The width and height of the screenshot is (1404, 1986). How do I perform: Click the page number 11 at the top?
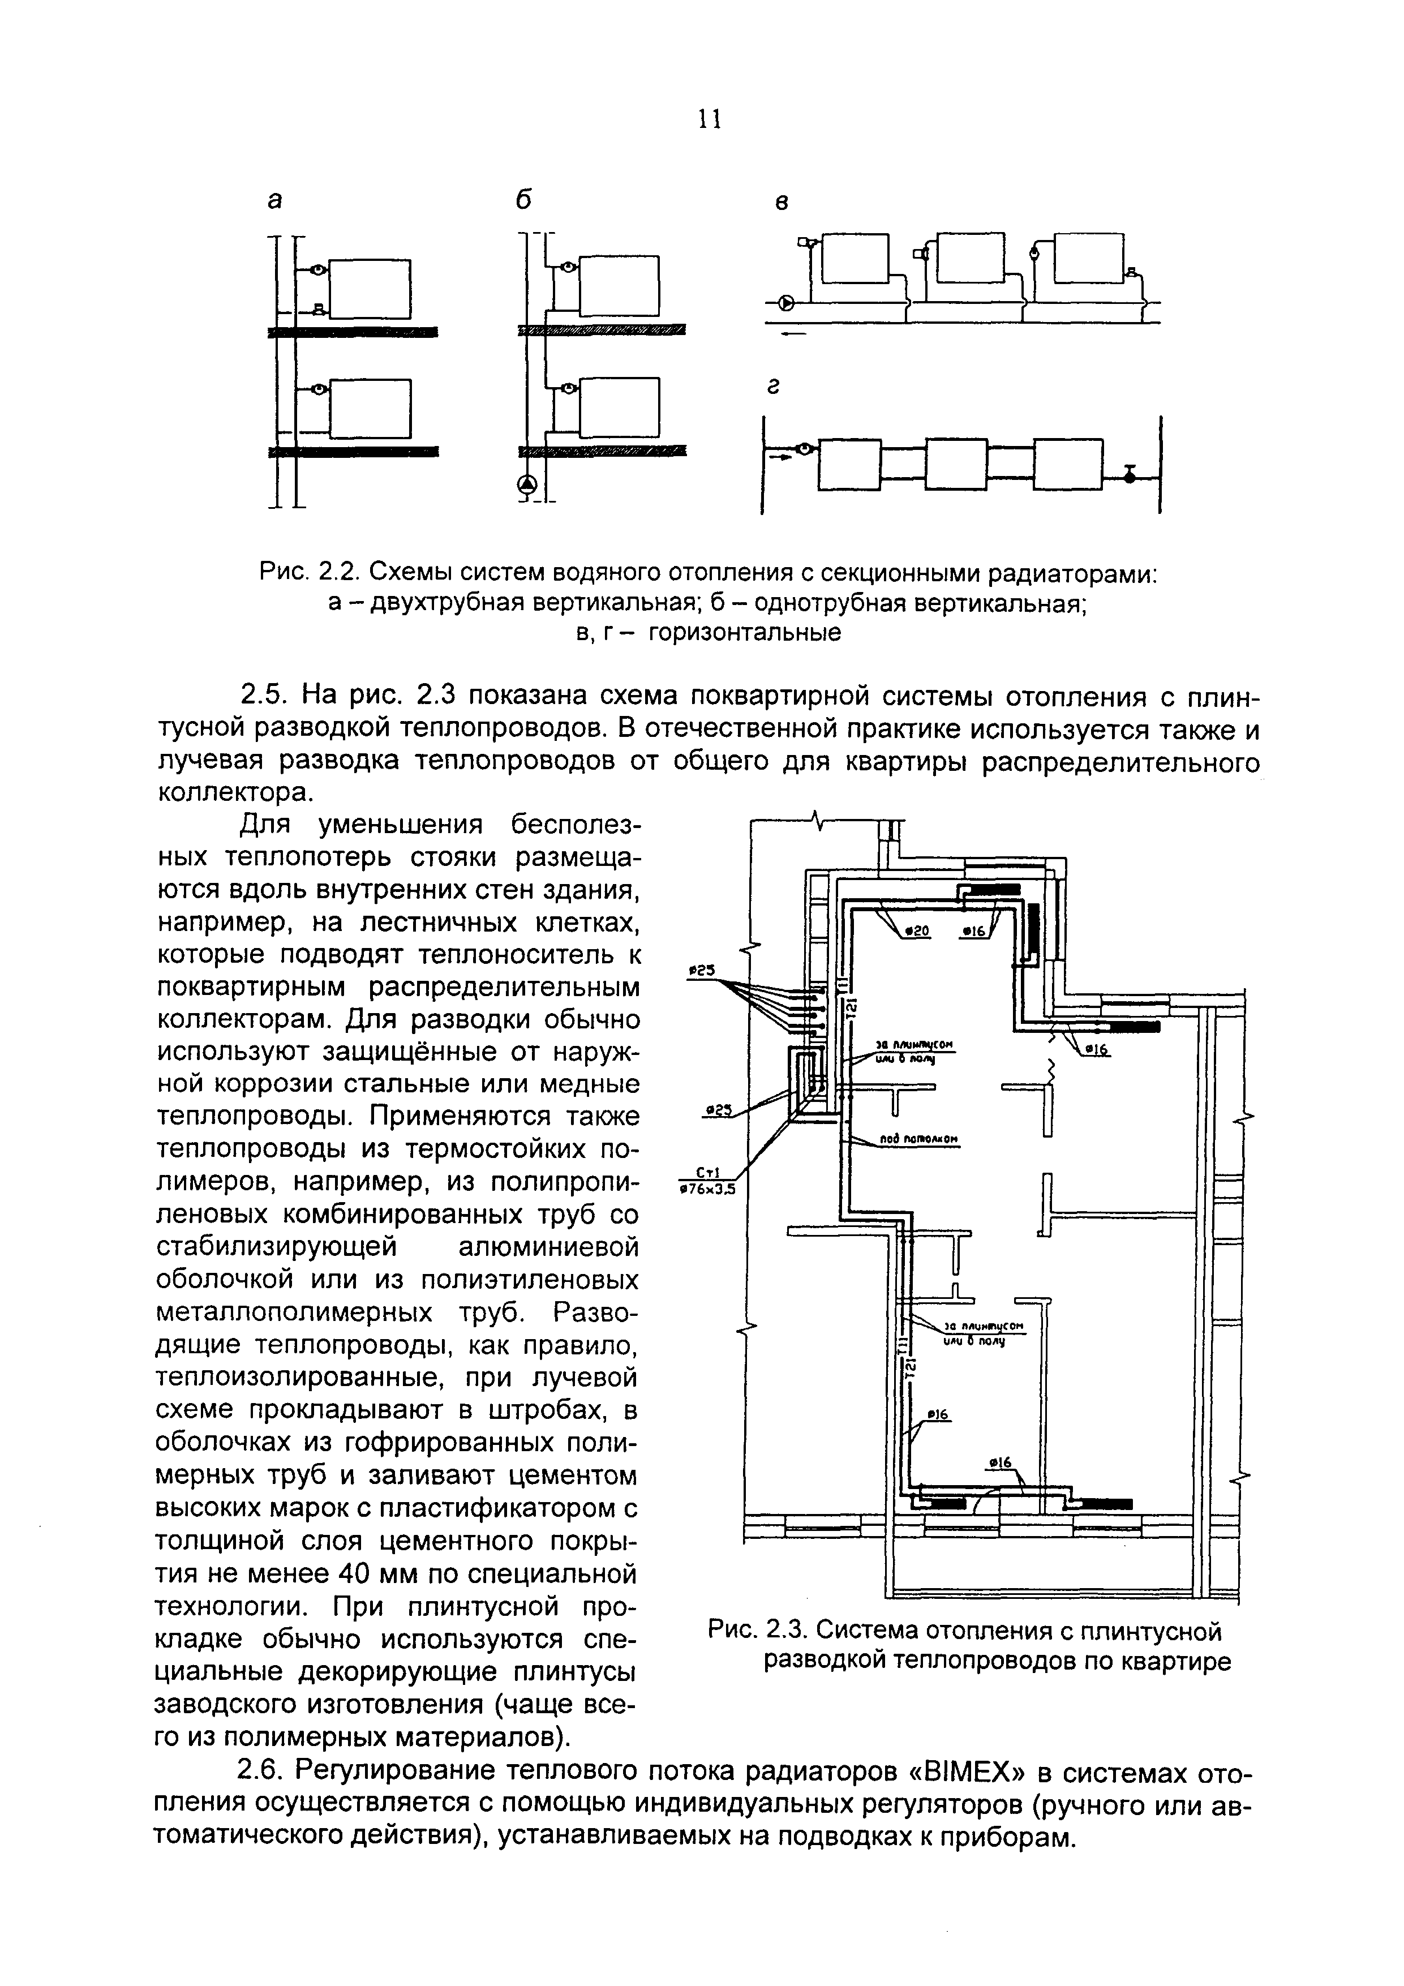coord(709,119)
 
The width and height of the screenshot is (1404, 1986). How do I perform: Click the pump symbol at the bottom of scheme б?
coord(527,485)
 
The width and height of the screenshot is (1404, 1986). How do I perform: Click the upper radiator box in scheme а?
coord(371,288)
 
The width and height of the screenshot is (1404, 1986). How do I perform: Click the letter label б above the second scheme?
coord(522,200)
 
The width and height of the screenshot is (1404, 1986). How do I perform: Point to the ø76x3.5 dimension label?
coord(707,1189)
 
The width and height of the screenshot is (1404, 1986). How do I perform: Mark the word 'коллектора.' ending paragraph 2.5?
coord(234,792)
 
